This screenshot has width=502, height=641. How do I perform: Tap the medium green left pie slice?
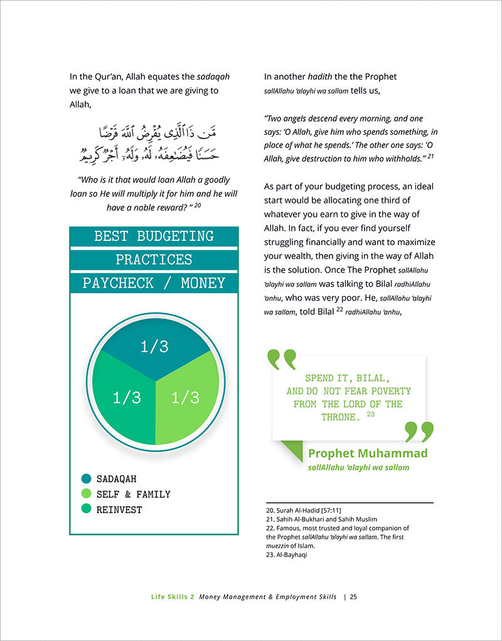tap(126, 397)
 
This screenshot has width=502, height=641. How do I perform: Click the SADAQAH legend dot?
tap(86, 479)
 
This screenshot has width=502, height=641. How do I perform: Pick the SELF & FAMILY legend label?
tap(133, 494)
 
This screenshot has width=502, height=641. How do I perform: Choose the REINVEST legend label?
tap(119, 510)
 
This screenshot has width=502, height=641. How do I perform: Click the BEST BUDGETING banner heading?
tap(154, 236)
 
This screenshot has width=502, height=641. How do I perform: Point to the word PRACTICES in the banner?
tap(154, 260)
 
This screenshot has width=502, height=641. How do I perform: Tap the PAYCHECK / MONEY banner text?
tap(154, 283)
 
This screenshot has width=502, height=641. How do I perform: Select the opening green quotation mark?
tap(281, 359)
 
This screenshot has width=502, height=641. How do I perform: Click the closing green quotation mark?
tap(419, 432)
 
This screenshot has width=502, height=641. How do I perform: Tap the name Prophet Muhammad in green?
tap(368, 453)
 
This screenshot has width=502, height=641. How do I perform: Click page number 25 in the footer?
tap(354, 596)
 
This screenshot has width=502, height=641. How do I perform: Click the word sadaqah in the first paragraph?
tap(213, 77)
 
